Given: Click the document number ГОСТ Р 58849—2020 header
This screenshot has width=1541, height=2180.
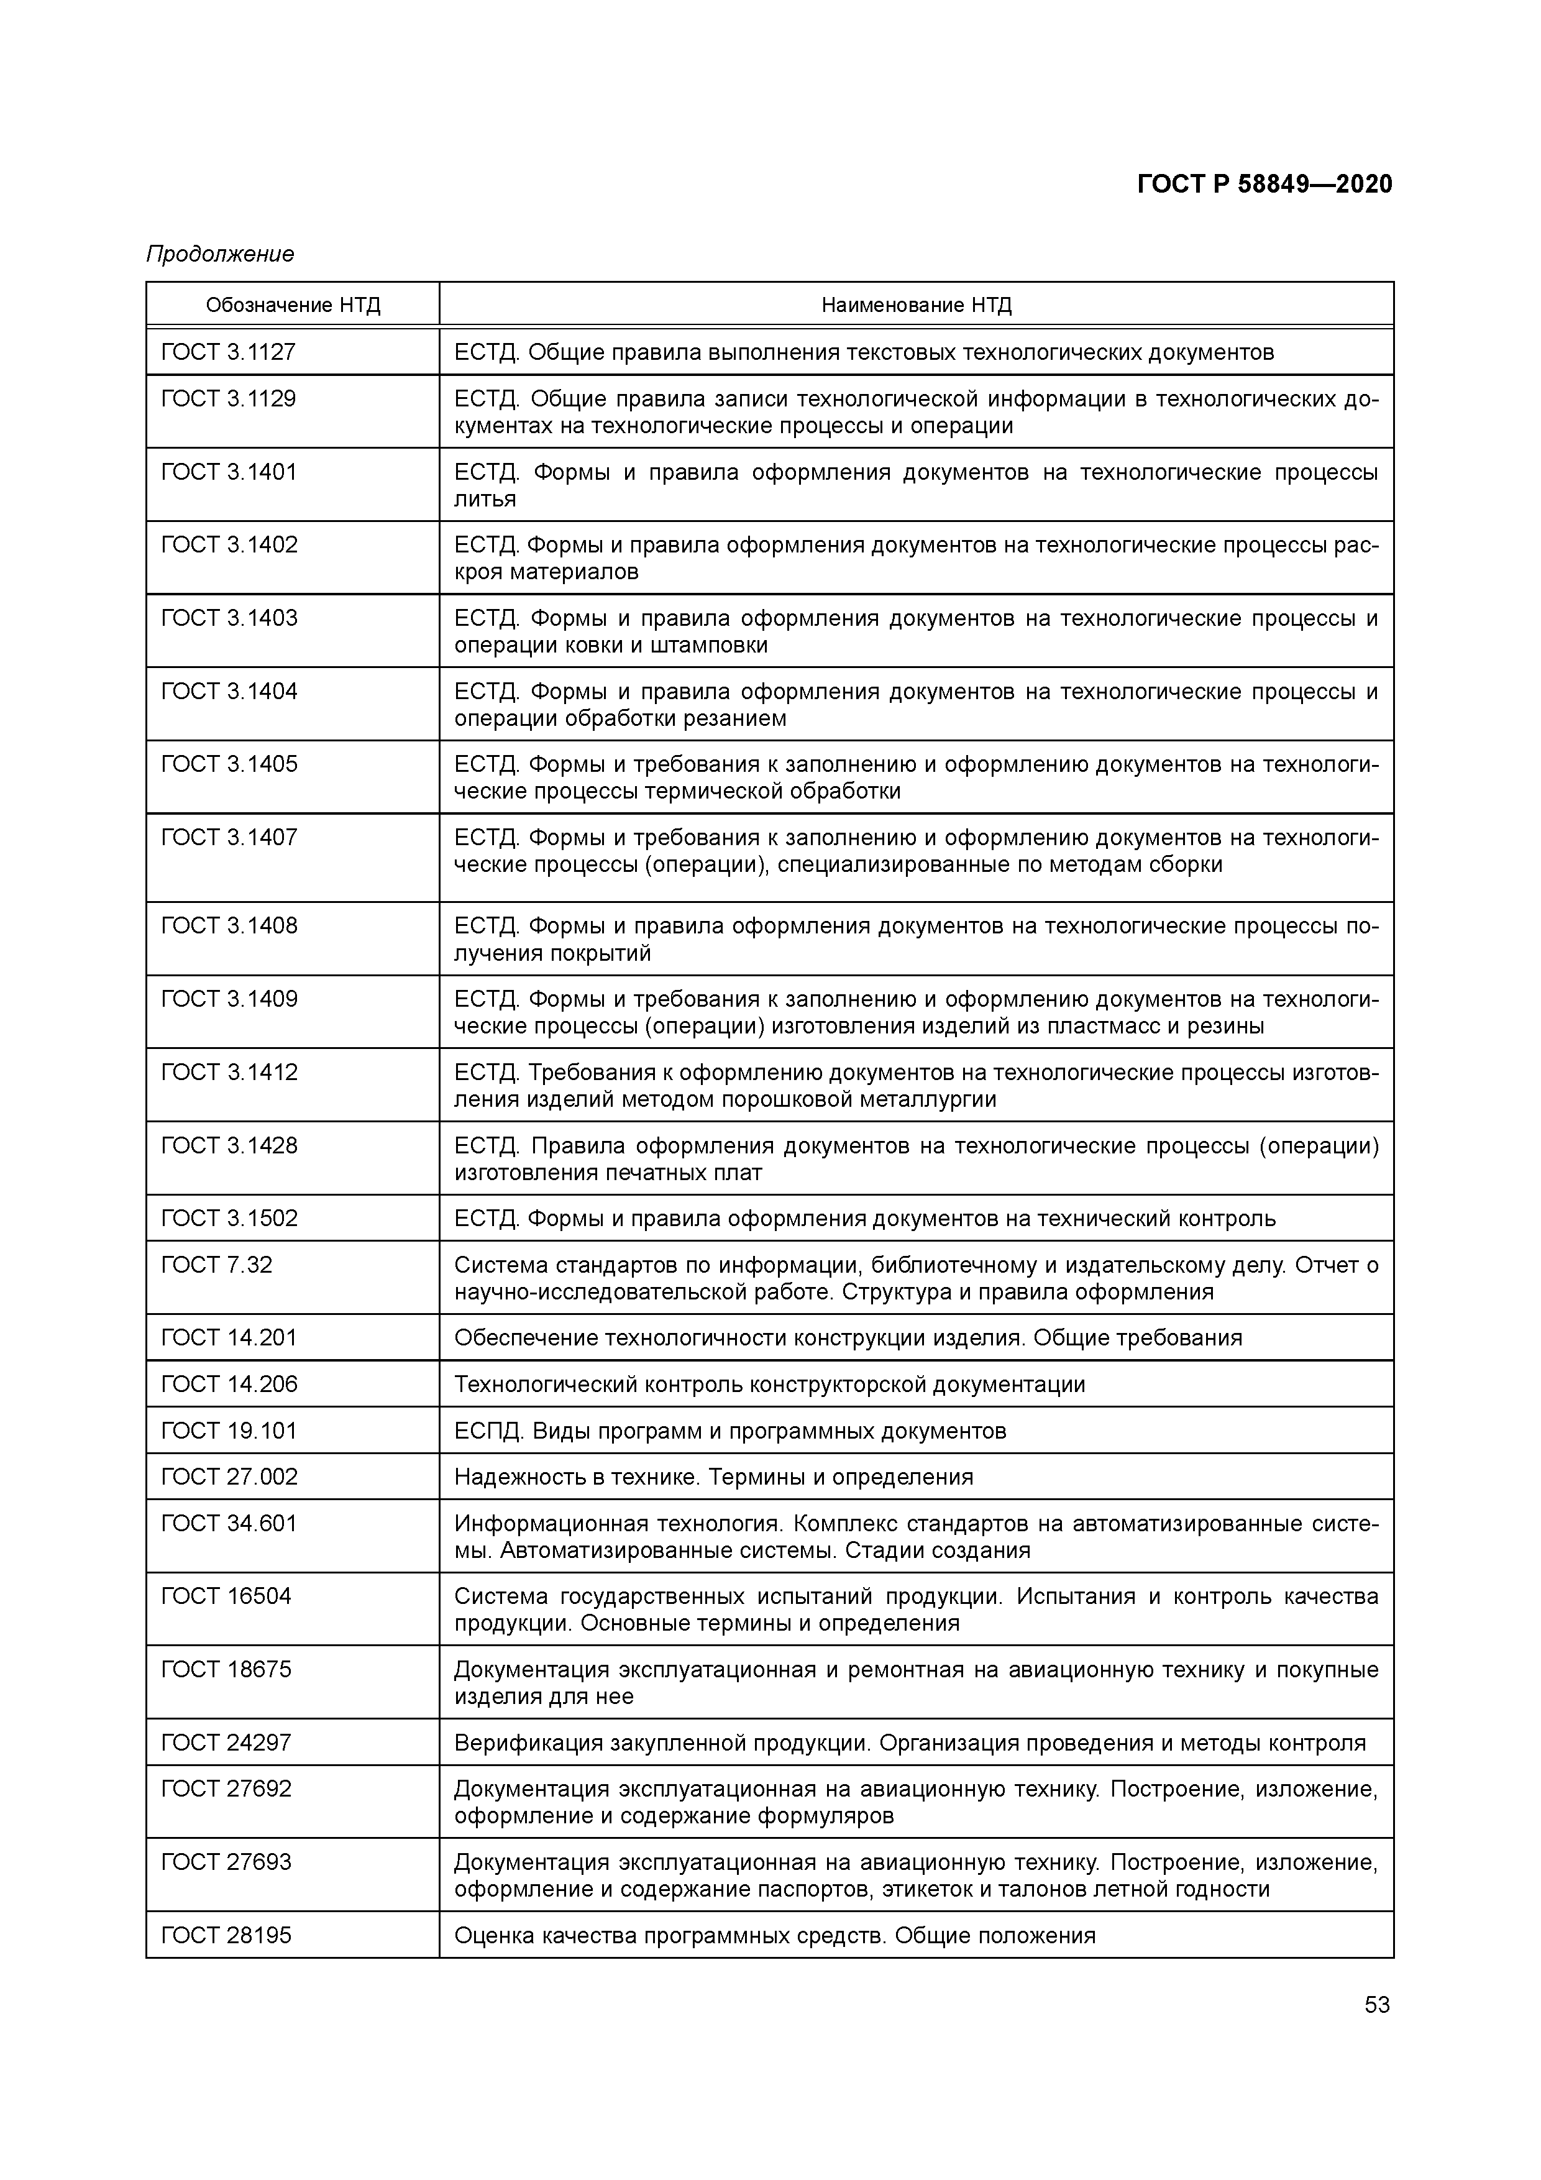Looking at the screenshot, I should [x=1264, y=184].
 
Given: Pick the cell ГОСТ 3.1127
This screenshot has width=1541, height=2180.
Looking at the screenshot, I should [x=229, y=352].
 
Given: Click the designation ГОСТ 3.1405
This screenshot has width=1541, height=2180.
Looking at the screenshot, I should [x=229, y=764].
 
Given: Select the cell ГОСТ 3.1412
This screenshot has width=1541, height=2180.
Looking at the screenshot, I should [x=229, y=1073].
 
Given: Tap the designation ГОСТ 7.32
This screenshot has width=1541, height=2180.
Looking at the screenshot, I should [x=216, y=1266].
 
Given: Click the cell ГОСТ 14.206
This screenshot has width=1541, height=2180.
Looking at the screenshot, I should [x=229, y=1385].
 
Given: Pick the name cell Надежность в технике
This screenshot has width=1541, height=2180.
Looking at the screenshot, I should [x=713, y=1477].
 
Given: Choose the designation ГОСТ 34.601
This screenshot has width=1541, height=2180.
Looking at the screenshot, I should [x=229, y=1524].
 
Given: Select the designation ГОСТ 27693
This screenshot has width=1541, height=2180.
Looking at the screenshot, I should [x=226, y=1862].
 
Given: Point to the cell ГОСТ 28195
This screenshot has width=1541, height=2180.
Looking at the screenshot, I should [x=226, y=1936].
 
